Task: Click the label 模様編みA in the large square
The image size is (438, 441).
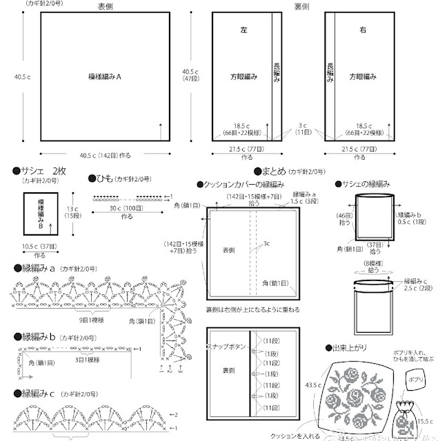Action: [105, 77]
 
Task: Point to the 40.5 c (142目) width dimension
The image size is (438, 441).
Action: [104, 154]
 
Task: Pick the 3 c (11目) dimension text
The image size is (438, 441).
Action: [303, 129]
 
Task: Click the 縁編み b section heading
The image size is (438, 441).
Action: [39, 336]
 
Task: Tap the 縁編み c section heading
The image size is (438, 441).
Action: [38, 393]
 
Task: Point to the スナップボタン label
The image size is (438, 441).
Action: [222, 343]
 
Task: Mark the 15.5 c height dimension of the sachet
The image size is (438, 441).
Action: [424, 422]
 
